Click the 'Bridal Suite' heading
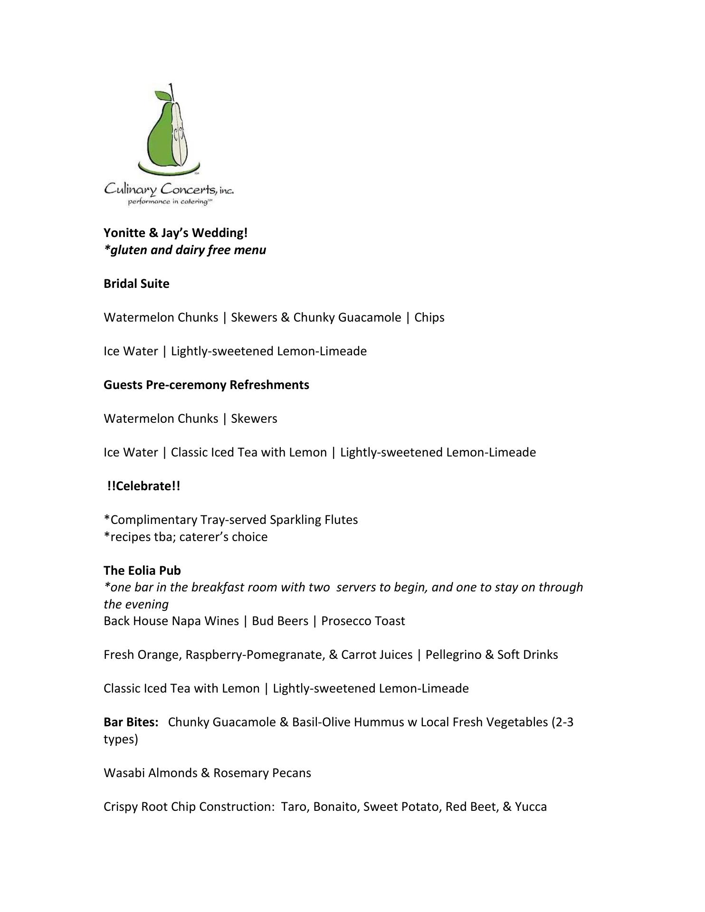tap(136, 284)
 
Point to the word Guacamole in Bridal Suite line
tap(370, 317)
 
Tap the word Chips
tap(429, 317)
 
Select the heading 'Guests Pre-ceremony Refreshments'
tap(206, 385)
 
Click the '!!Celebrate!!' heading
tap(143, 486)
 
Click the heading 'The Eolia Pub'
tap(142, 570)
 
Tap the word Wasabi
tap(124, 773)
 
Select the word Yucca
tap(531, 807)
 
